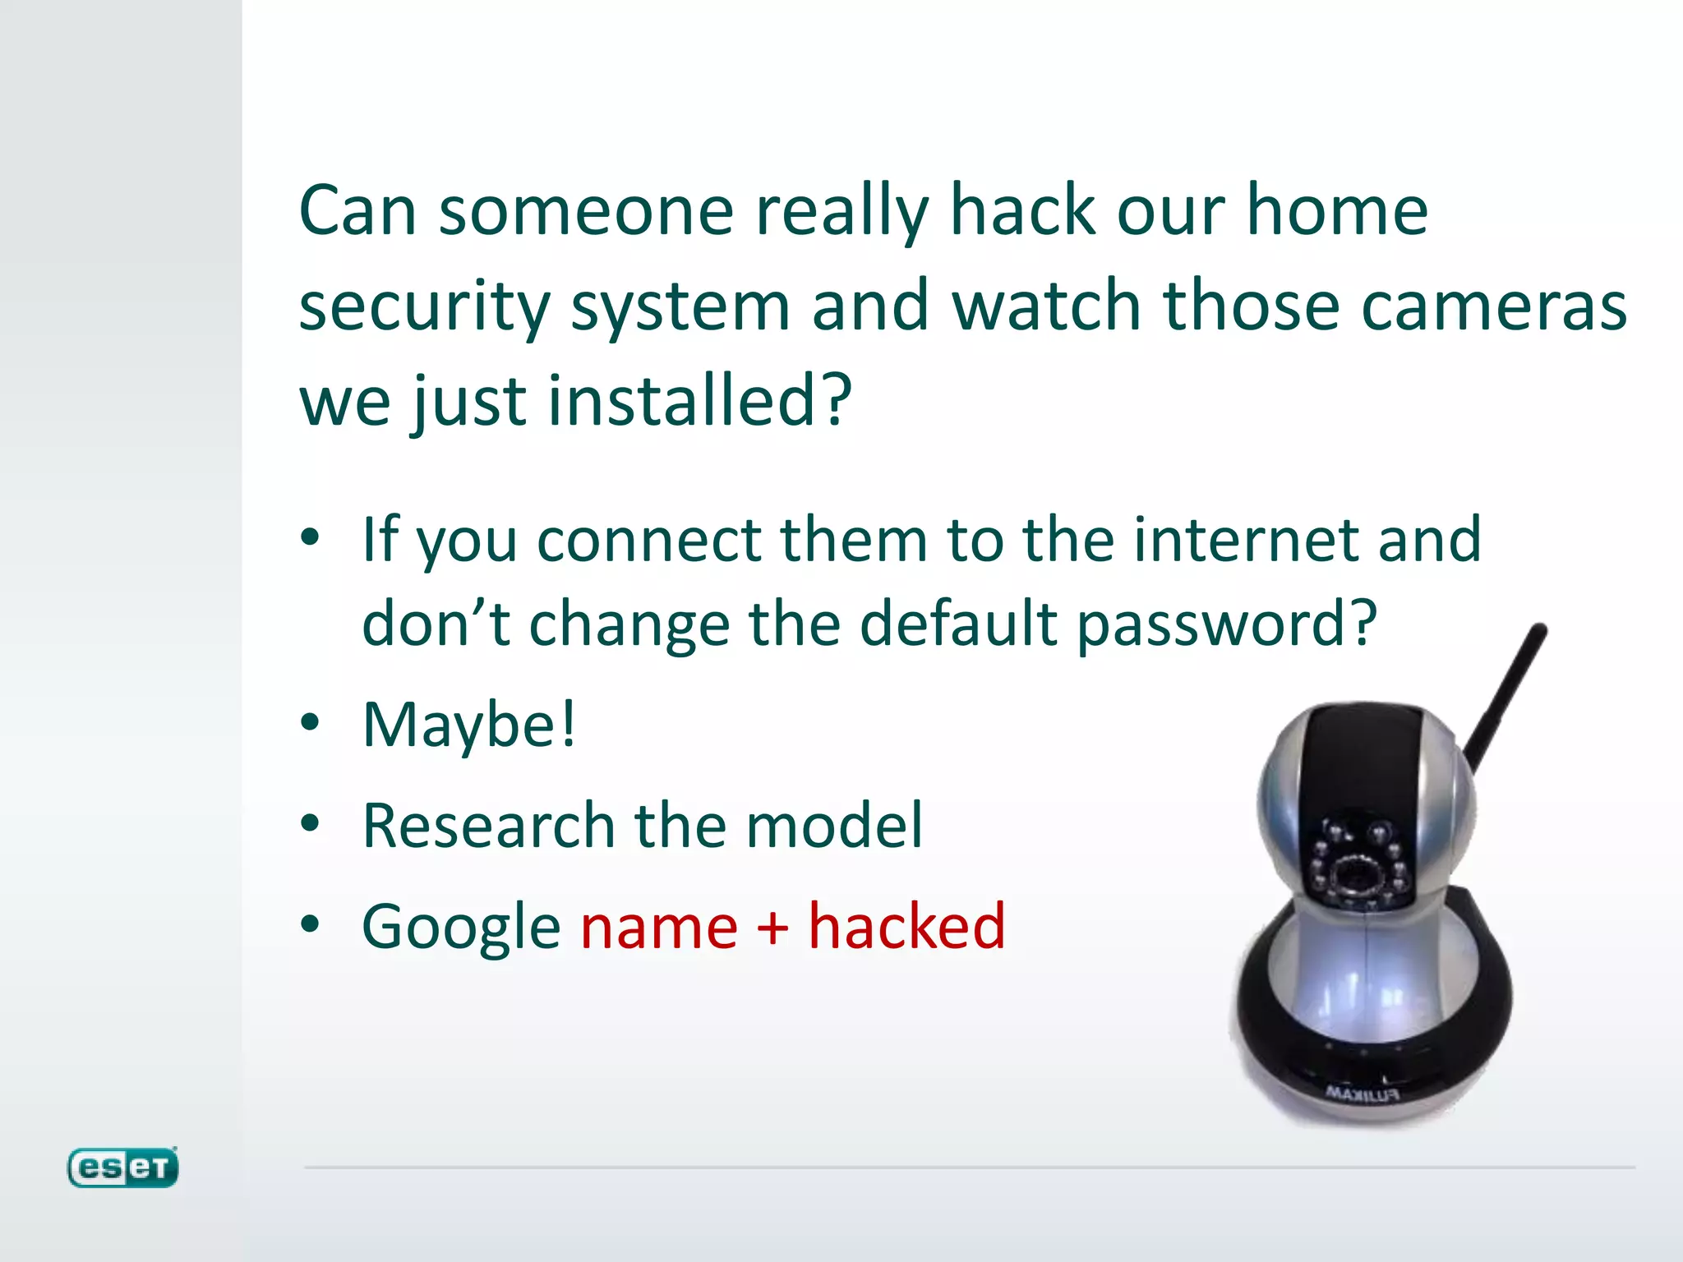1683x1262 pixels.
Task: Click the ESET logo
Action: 122,1167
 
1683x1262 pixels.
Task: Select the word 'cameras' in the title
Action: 1493,306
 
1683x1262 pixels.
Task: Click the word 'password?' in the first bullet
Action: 1226,624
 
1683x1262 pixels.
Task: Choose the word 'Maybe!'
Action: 469,725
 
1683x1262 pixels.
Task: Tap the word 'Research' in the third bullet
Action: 488,825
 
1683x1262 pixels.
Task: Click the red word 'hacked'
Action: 906,926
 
